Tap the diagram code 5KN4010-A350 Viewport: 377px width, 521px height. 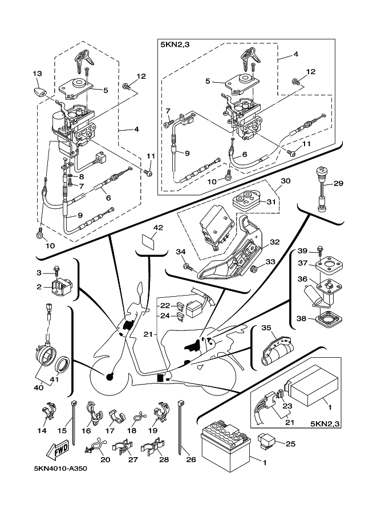click(60, 470)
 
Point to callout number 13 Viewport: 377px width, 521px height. click(37, 74)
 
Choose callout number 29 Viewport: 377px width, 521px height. click(338, 183)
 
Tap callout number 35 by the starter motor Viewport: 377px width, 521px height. click(266, 328)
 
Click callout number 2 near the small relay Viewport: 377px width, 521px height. click(39, 287)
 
